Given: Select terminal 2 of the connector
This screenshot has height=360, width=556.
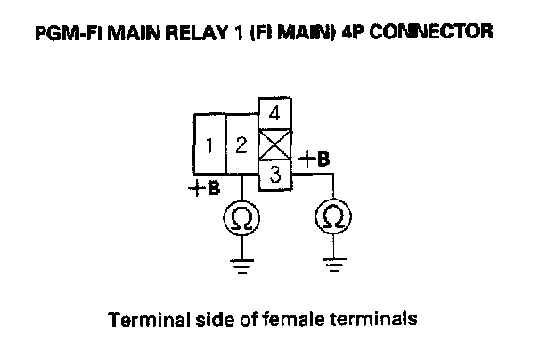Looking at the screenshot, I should click(x=241, y=144).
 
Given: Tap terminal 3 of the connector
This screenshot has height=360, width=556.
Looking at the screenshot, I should click(x=275, y=176).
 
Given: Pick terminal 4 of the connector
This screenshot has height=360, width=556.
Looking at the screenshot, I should click(x=275, y=114).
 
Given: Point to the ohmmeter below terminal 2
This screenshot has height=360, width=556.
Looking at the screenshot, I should click(x=241, y=217).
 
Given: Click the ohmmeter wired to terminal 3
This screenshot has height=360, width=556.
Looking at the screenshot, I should click(x=334, y=217).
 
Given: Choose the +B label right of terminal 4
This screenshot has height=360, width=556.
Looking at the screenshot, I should click(x=314, y=160).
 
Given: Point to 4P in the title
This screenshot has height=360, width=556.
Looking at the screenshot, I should click(x=359, y=34).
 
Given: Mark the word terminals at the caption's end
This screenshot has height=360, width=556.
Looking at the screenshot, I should click(x=372, y=318).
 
